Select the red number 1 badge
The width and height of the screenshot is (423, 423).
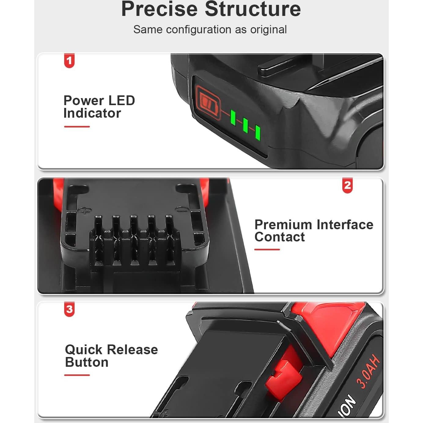[x=69, y=61]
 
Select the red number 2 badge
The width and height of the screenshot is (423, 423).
[x=347, y=185]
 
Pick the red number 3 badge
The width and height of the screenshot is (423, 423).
[x=69, y=309]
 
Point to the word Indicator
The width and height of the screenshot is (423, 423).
[x=92, y=113]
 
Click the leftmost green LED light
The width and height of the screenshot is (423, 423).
[x=233, y=118]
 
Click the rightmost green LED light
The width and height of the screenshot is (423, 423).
[x=258, y=132]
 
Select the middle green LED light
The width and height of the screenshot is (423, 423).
[x=245, y=125]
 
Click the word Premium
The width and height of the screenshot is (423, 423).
[x=283, y=225]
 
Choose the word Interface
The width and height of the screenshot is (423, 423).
[x=345, y=225]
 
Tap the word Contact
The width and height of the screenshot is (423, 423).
[x=279, y=237]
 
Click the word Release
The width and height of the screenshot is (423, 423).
[x=132, y=350]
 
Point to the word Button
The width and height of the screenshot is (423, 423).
[x=87, y=362]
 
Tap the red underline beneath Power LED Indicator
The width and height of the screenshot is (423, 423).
[x=77, y=127]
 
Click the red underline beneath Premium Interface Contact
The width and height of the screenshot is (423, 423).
[x=267, y=249]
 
